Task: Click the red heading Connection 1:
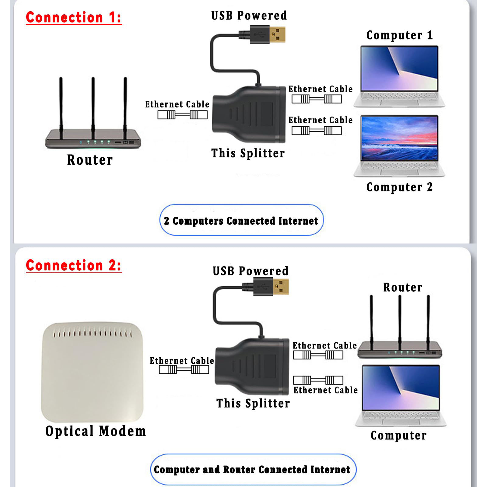click(74, 17)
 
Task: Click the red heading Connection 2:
click(74, 265)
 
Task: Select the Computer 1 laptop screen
click(399, 68)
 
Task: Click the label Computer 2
click(399, 187)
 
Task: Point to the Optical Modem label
click(96, 431)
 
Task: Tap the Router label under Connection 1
click(90, 160)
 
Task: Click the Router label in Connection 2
click(403, 287)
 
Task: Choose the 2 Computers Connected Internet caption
click(241, 220)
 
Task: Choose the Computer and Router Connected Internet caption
click(252, 469)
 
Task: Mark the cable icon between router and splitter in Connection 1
click(182, 115)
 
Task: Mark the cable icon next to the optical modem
click(184, 369)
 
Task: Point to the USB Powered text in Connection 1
click(249, 16)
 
